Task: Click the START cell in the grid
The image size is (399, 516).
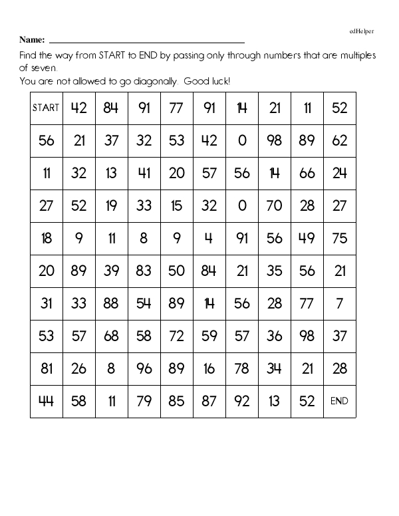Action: click(x=46, y=108)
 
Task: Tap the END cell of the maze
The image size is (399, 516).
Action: click(x=339, y=401)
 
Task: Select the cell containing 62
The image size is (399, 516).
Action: click(x=339, y=140)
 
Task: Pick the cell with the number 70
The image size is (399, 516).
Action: click(x=274, y=205)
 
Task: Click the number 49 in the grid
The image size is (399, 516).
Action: click(x=307, y=238)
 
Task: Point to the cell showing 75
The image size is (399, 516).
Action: click(x=339, y=238)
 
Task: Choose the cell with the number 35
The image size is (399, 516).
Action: click(x=274, y=271)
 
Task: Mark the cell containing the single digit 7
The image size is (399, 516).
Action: click(x=339, y=303)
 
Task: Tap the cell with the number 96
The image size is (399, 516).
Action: click(x=144, y=368)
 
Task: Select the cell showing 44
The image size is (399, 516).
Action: click(x=46, y=401)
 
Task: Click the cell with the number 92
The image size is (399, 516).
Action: click(x=241, y=401)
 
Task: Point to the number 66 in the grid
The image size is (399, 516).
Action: click(x=307, y=173)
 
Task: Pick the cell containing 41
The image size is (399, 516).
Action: click(x=144, y=173)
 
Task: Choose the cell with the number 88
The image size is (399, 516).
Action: click(x=111, y=303)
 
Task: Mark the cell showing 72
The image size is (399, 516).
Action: click(x=176, y=336)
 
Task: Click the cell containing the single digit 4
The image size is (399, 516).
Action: click(x=209, y=238)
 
